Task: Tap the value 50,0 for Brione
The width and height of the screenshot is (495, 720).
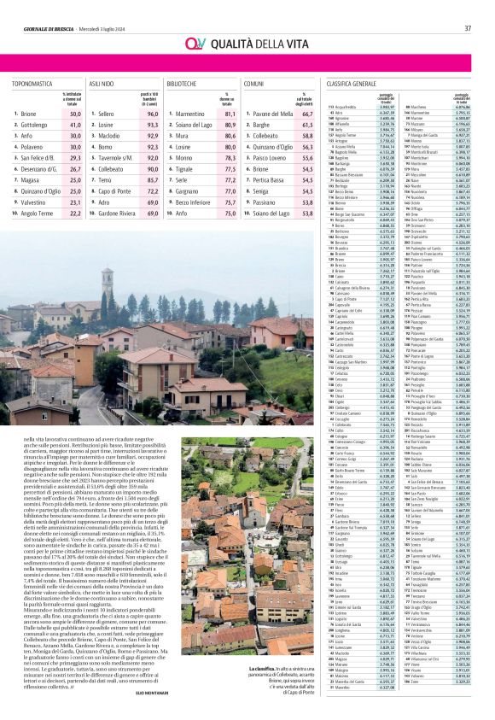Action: (x=74, y=114)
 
